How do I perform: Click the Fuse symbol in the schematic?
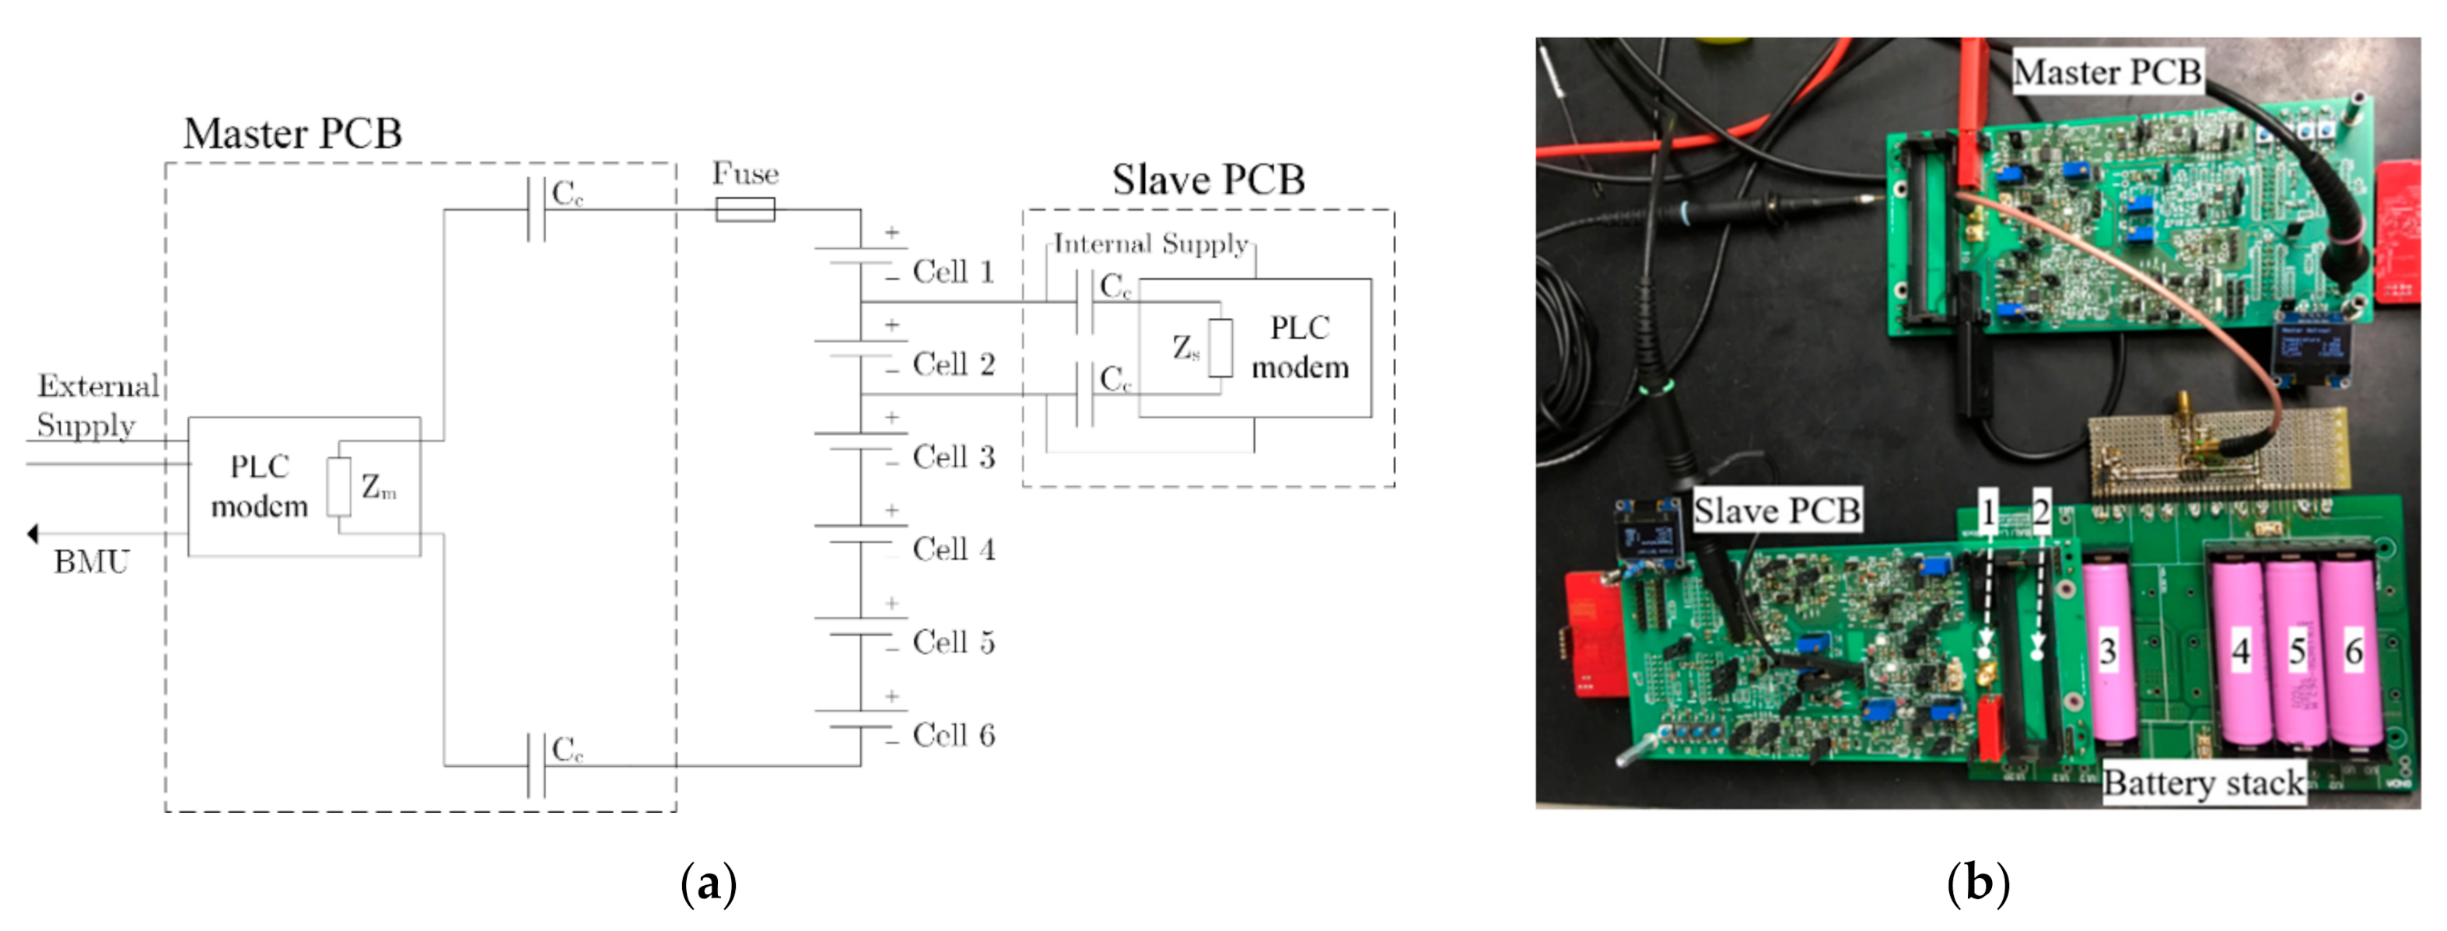pos(744,209)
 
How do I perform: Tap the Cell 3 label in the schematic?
pos(953,457)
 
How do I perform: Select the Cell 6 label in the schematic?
pos(953,735)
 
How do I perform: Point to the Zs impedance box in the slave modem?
pos(1220,348)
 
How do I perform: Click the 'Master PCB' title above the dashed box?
pos(292,134)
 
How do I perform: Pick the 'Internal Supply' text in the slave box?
pos(1150,244)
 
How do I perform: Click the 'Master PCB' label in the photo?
pos(2107,72)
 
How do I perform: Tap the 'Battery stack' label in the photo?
pos(2203,782)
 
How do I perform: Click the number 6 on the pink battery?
pos(2353,652)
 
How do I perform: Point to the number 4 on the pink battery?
pos(2241,652)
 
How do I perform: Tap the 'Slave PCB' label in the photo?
pos(1777,511)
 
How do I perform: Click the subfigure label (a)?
pos(709,884)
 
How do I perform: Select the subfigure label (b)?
pos(1978,884)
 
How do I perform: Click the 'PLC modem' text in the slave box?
pos(1300,348)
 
